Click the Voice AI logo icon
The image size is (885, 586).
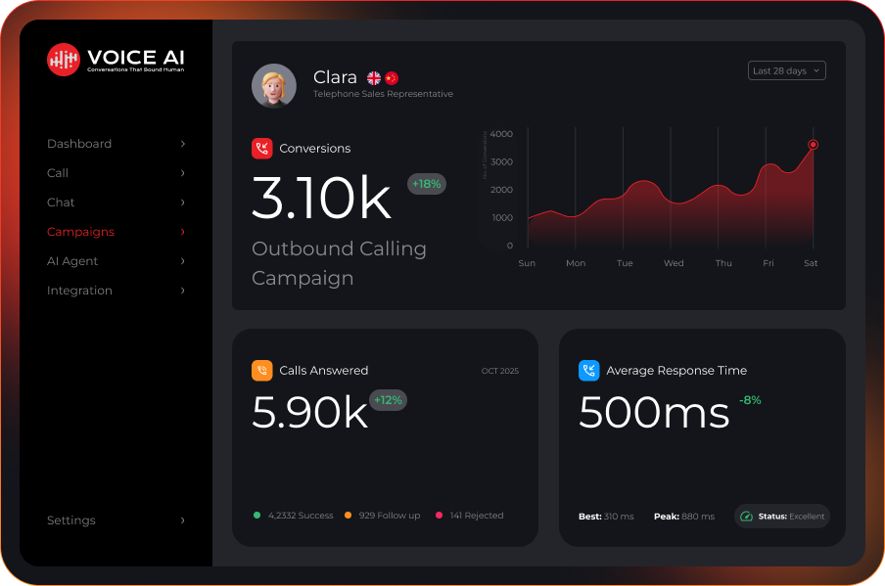tap(64, 59)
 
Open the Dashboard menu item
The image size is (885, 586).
tap(79, 144)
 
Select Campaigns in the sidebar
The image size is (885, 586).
tap(80, 232)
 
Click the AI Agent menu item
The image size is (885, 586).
tap(72, 261)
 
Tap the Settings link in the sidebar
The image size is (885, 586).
tap(71, 520)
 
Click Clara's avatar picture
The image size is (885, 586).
tap(274, 86)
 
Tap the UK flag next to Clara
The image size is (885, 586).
tap(374, 78)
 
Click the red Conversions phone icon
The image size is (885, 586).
tap(261, 149)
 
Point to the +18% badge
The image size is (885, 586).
tap(427, 184)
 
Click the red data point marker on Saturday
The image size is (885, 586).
tap(813, 145)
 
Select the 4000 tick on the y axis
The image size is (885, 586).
tap(501, 134)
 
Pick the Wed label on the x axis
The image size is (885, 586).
tap(674, 263)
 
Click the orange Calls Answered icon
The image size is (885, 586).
tap(261, 371)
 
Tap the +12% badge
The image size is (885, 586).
tap(388, 400)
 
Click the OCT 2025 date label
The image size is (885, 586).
tap(499, 372)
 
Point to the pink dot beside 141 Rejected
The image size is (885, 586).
tap(439, 516)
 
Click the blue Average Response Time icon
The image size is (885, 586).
tap(588, 371)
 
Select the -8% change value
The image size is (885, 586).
tap(750, 400)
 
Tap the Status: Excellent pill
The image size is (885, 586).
tap(782, 517)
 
